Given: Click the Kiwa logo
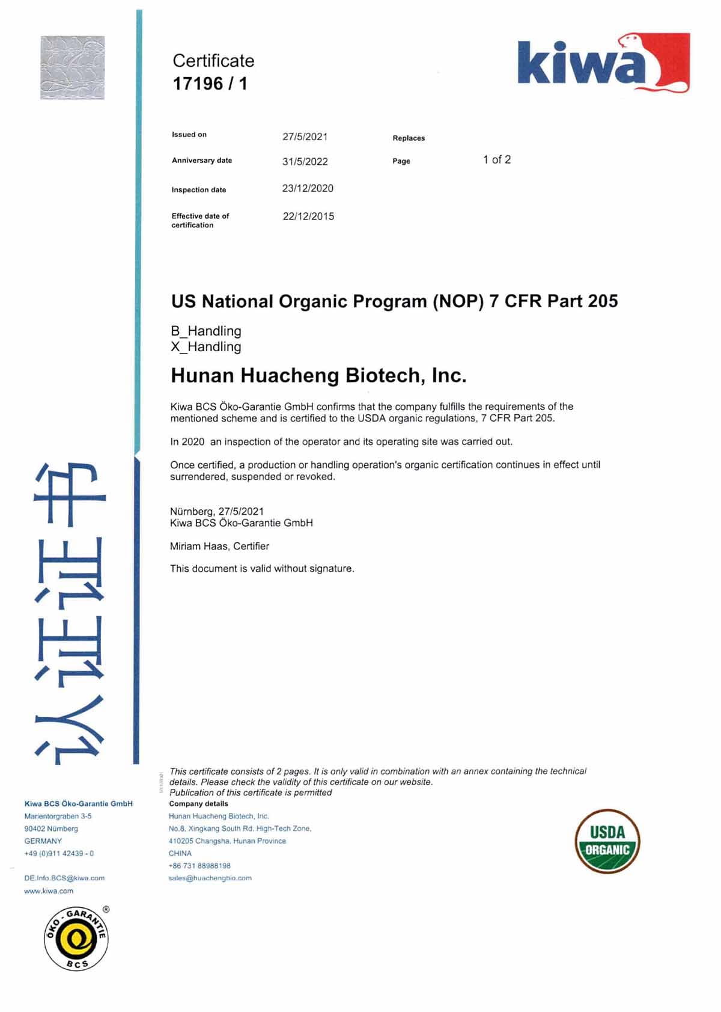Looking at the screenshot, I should click(x=603, y=63).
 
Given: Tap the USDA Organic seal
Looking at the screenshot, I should click(x=607, y=841).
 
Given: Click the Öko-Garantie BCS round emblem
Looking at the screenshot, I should click(x=76, y=938).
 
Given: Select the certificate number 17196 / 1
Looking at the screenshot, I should click(x=210, y=84).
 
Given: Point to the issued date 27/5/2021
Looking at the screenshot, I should click(x=305, y=136).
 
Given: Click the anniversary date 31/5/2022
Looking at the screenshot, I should click(x=305, y=161).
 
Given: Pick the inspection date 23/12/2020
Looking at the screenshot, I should click(x=308, y=188).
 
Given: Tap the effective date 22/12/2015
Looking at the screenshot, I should click(x=308, y=216).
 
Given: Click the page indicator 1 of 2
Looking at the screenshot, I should click(x=497, y=159).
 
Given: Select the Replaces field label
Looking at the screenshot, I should click(x=409, y=138).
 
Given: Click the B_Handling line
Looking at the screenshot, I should click(x=206, y=331).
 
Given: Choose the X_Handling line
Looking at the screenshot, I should click(x=206, y=347).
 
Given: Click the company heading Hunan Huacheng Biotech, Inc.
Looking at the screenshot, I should click(x=318, y=375).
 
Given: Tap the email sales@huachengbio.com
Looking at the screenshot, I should click(x=210, y=878).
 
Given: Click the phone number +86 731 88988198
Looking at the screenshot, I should click(x=199, y=866).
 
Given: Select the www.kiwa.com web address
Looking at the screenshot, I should click(x=49, y=891).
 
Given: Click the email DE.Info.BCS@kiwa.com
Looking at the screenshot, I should click(x=64, y=878).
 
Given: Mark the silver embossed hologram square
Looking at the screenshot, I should click(x=73, y=67).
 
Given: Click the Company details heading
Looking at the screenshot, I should click(x=199, y=804).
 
